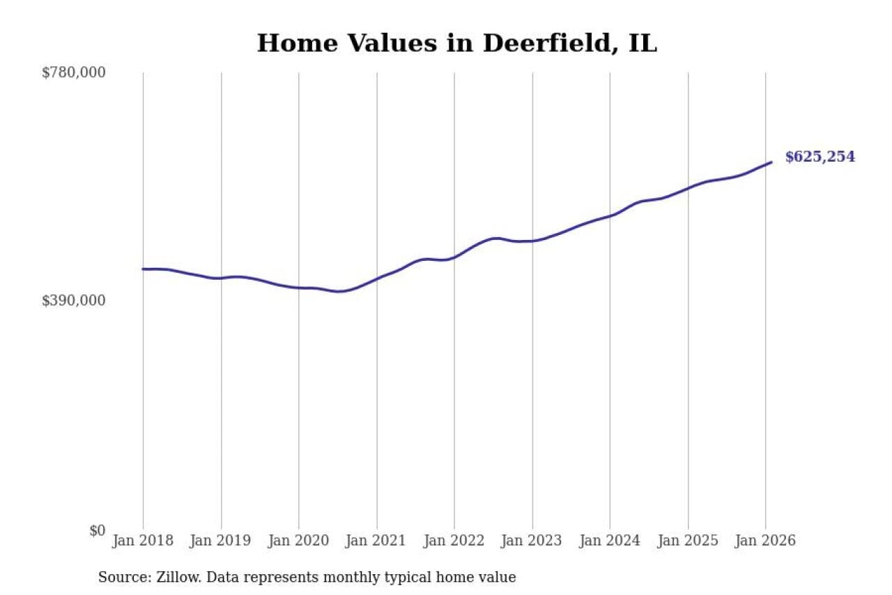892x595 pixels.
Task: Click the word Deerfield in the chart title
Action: [x=536, y=43]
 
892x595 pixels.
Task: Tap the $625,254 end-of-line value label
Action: [x=820, y=157]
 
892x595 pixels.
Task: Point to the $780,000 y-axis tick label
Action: [x=73, y=73]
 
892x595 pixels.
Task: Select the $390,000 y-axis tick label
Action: [x=73, y=301]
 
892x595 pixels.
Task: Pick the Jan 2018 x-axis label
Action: [x=143, y=541]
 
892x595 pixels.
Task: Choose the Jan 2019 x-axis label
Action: [x=221, y=541]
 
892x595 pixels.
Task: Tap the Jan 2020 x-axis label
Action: [x=299, y=541]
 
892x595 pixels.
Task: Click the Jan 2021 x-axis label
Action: [x=377, y=541]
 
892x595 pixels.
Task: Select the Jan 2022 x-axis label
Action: [x=454, y=541]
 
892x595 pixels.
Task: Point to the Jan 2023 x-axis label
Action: [x=532, y=541]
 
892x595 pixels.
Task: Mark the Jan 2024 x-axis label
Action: [x=610, y=541]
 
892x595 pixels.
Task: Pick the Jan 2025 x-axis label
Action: [x=688, y=541]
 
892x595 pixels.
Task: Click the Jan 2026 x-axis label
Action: [x=765, y=541]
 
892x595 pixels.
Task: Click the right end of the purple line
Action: [x=771, y=163]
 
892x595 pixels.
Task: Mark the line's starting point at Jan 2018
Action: [x=144, y=269]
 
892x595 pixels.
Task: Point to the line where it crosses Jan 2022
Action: [x=454, y=257]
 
